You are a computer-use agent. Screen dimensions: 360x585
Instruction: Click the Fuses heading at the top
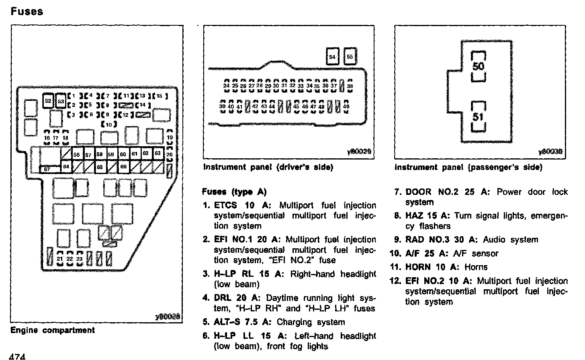tap(27, 11)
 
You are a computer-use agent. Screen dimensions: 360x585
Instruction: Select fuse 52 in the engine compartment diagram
tap(48, 100)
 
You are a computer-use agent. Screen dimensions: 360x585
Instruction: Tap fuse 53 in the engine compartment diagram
tap(61, 101)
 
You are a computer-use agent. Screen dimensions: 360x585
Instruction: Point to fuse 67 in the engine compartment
tap(47, 169)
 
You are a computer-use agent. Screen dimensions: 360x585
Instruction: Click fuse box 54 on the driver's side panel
tap(332, 57)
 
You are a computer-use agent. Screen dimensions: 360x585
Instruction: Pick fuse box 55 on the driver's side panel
tap(350, 57)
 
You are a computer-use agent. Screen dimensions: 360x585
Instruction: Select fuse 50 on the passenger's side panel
tap(479, 66)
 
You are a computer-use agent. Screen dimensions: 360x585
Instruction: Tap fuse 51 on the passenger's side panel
tap(478, 117)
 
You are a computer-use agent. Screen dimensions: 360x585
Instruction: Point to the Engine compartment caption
tap(53, 330)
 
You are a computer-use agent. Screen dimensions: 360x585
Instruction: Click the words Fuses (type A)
tap(234, 192)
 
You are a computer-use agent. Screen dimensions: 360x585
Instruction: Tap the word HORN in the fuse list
tap(418, 267)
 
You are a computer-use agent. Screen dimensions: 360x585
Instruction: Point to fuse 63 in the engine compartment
tap(157, 153)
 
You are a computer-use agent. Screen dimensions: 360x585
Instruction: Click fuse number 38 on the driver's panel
tap(350, 86)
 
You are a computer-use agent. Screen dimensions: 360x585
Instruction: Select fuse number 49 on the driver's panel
tap(346, 106)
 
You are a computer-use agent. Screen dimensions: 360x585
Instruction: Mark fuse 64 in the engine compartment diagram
tap(66, 166)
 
